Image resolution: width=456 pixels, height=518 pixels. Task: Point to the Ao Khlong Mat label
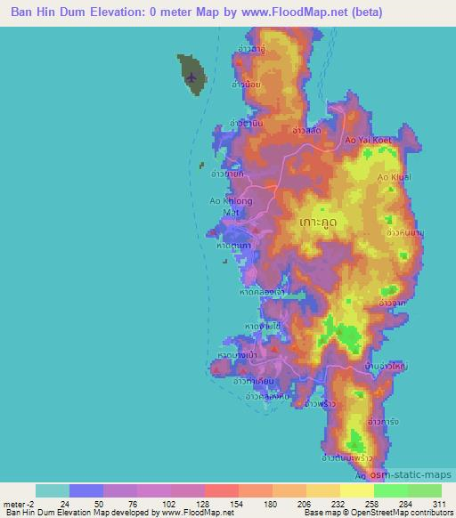(x=231, y=206)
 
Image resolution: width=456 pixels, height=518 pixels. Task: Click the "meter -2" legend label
(x=17, y=504)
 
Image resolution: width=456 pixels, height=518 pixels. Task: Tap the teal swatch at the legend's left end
(x=53, y=490)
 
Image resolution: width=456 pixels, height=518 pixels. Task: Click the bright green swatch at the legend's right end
(x=425, y=490)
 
